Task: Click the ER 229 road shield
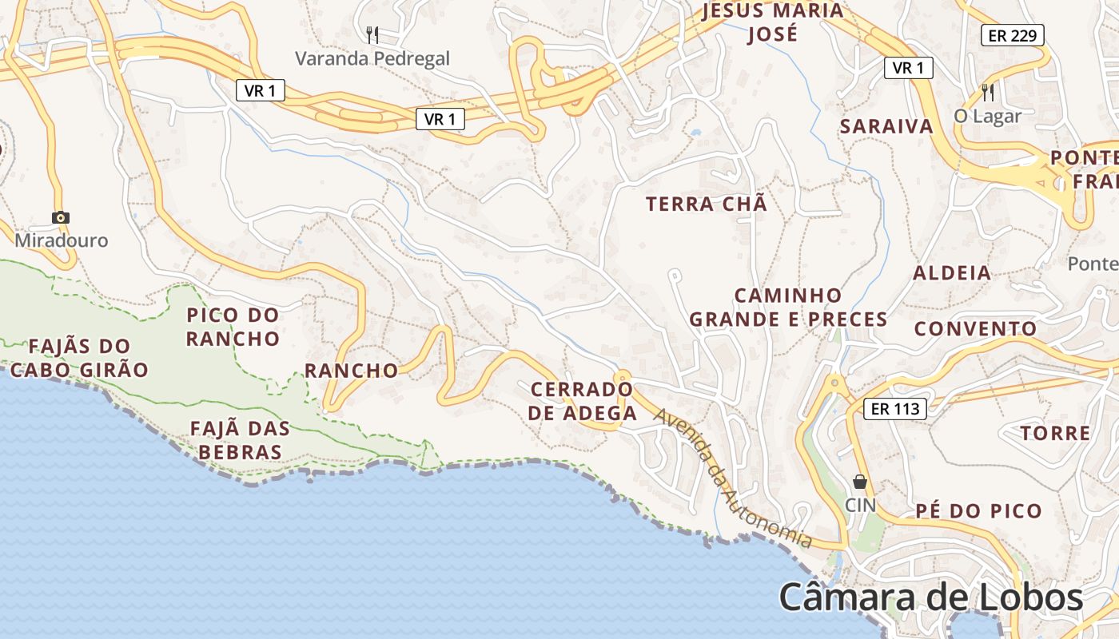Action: coord(1012,35)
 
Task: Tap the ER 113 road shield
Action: coord(894,409)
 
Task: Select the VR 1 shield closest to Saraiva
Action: coord(909,68)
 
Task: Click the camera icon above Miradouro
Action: coord(60,217)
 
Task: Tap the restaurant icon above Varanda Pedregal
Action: coord(372,34)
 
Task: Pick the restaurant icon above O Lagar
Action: coord(988,92)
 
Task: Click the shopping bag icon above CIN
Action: coord(860,482)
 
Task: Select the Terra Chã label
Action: coord(707,204)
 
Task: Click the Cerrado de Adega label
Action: coord(583,401)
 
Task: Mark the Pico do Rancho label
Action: coord(233,327)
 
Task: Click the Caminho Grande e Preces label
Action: coord(788,308)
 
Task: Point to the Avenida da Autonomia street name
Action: coord(731,478)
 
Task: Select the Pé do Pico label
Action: coord(978,511)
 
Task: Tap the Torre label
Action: coord(1055,434)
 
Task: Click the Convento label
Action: coord(975,329)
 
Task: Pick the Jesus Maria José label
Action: coord(773,22)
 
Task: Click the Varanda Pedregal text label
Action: coord(372,58)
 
